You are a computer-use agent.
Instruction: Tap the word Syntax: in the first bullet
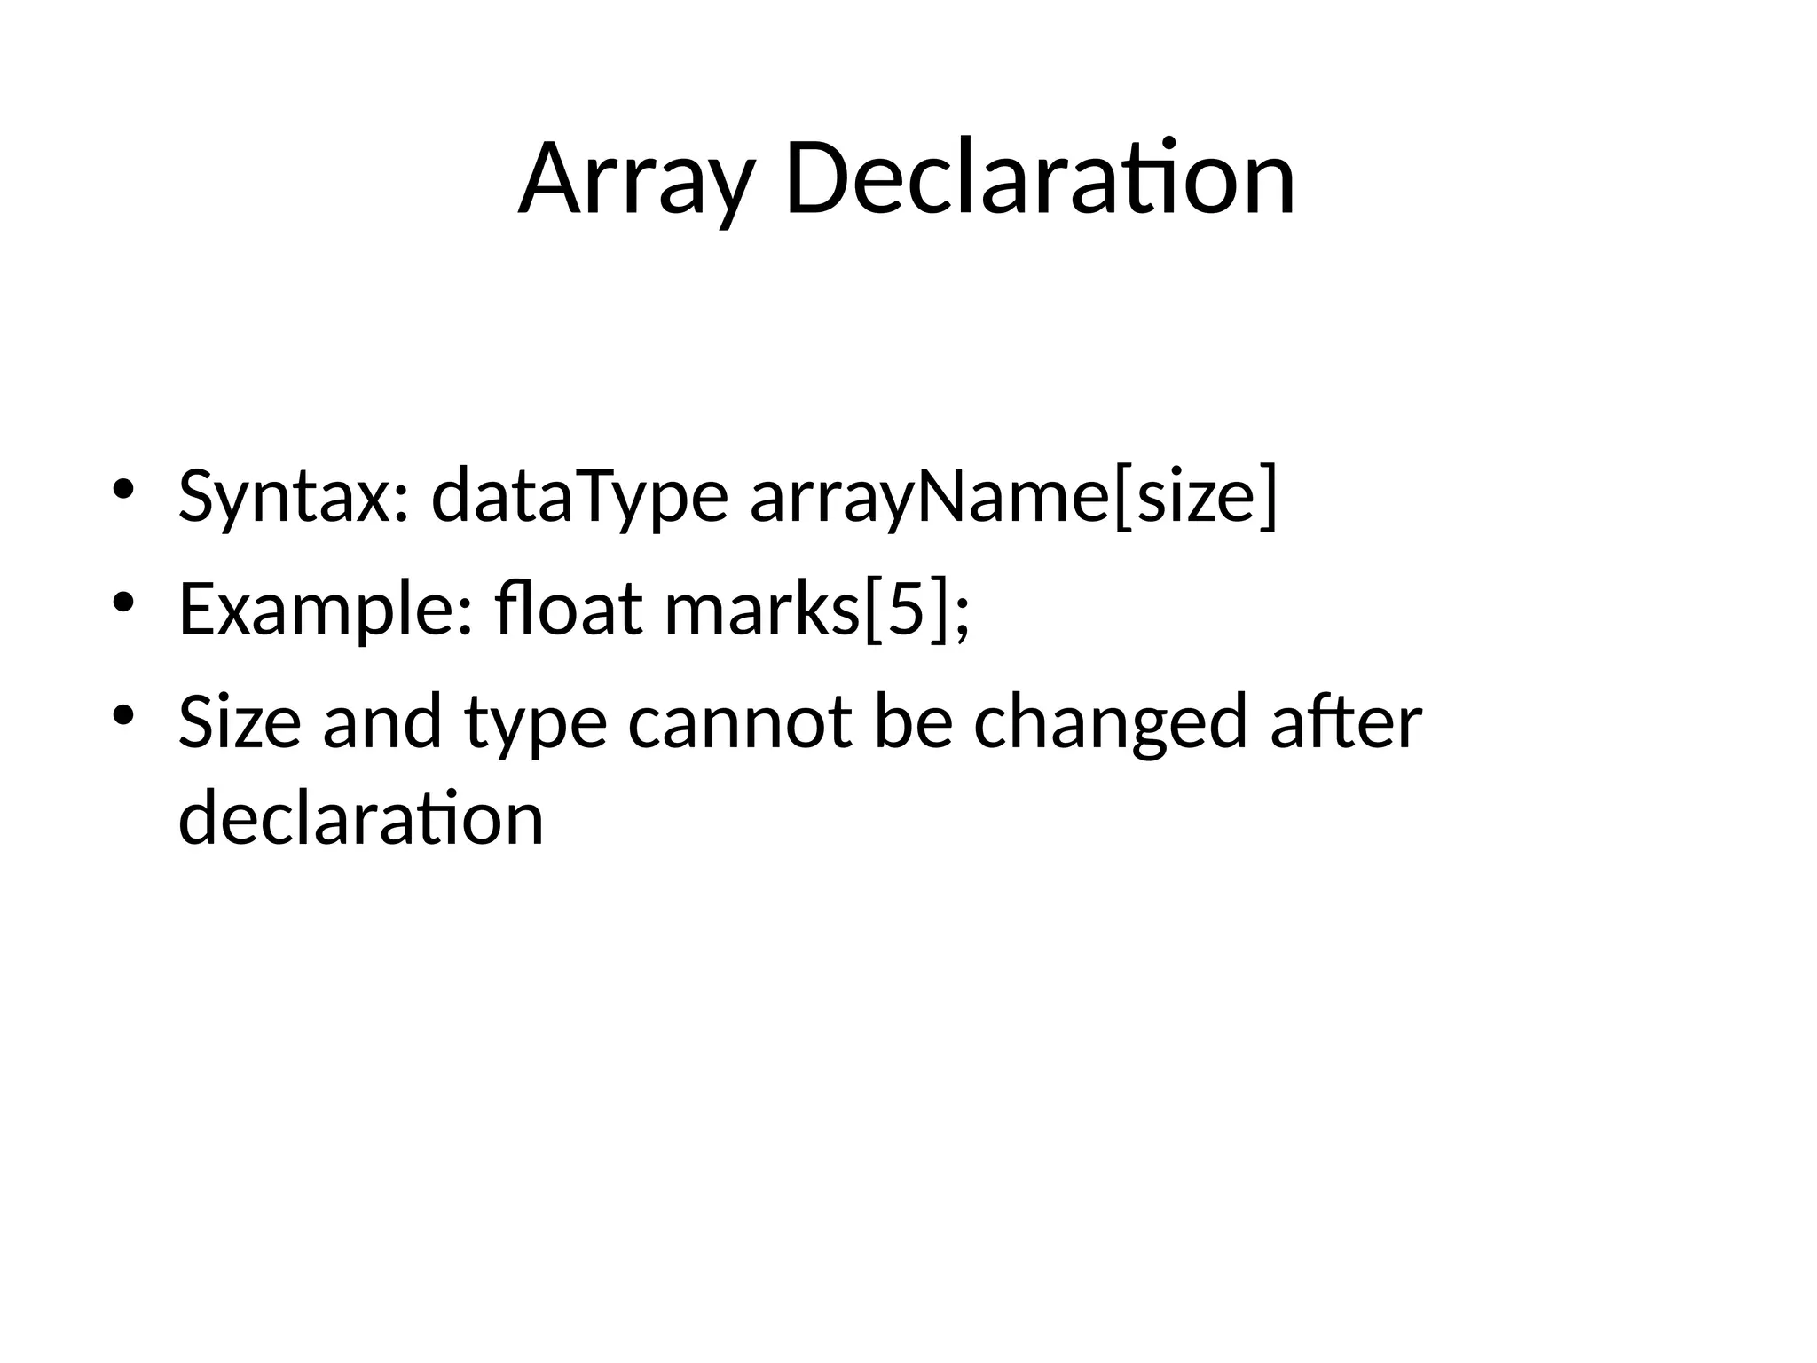(293, 497)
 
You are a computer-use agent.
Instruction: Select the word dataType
(579, 497)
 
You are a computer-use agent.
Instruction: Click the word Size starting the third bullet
(240, 722)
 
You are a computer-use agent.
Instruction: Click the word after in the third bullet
(1346, 722)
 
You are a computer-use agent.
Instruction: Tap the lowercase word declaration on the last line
(360, 818)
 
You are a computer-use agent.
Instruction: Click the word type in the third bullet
(536, 722)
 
